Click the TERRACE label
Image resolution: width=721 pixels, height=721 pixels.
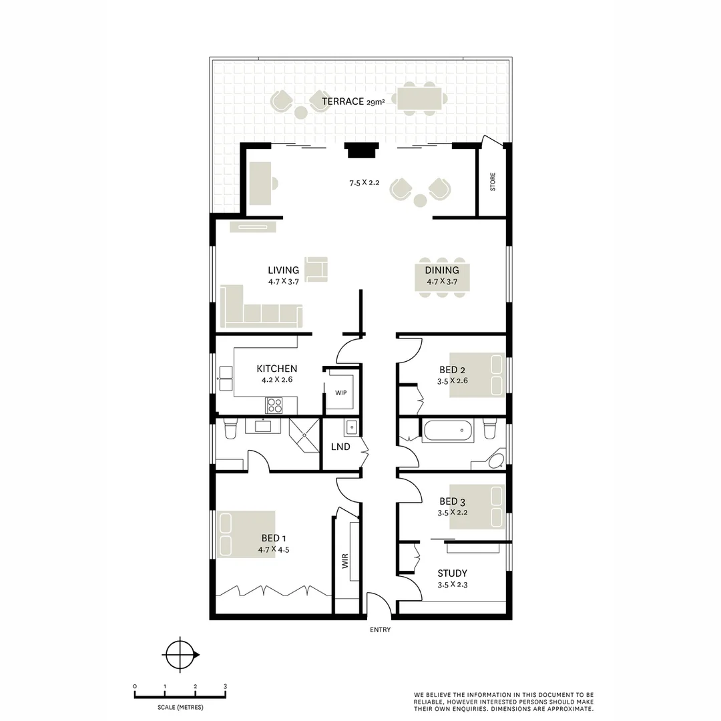tap(344, 101)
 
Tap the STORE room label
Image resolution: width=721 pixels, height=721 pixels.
tap(493, 182)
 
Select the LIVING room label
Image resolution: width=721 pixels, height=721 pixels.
tap(283, 270)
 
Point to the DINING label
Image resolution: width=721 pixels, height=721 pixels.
tap(442, 270)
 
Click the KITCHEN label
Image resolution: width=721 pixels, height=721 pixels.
tap(277, 369)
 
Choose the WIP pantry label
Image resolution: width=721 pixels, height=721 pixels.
tap(341, 393)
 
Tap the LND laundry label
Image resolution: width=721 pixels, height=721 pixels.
tap(340, 447)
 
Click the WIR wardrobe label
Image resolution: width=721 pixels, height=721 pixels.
tap(346, 561)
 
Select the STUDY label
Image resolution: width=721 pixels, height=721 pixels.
tap(452, 573)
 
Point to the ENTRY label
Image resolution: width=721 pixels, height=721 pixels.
tap(380, 630)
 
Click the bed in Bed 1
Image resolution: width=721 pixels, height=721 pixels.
tap(246, 534)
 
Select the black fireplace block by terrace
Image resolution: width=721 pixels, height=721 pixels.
tap(361, 150)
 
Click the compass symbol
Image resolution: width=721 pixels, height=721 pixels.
tap(180, 654)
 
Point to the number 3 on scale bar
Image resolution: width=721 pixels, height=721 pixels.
tap(225, 686)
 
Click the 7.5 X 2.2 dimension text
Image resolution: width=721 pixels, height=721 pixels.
tap(364, 183)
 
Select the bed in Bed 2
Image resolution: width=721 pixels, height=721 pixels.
tap(477, 375)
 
